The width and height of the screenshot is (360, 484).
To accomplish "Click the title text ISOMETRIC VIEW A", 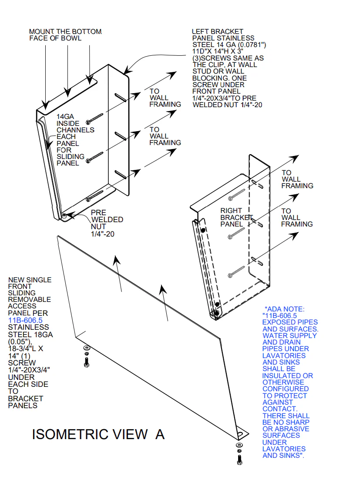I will (98, 434).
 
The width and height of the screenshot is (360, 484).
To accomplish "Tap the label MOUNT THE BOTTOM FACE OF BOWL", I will (65, 35).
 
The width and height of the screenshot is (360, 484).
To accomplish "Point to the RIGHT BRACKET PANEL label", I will (236, 217).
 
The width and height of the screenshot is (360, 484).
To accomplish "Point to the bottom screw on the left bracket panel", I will (94, 196).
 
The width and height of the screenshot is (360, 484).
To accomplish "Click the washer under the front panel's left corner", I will (86, 348).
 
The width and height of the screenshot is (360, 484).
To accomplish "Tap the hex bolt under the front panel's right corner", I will (239, 458).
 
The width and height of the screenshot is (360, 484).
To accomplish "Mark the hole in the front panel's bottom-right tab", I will (239, 434).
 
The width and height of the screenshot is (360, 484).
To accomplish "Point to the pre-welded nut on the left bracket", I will (64, 215).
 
